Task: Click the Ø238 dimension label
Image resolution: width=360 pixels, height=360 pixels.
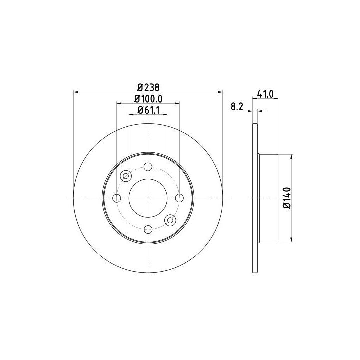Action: click(148, 87)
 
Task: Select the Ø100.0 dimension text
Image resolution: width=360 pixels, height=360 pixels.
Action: click(148, 99)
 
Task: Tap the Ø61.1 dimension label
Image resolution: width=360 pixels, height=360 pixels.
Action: click(148, 110)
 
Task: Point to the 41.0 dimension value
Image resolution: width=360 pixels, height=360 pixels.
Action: click(265, 94)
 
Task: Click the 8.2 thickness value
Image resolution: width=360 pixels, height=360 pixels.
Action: click(237, 107)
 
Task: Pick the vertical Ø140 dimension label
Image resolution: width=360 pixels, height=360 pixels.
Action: click(287, 198)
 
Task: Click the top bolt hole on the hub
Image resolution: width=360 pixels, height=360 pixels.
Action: click(148, 167)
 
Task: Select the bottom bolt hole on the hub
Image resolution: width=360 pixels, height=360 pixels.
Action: click(148, 229)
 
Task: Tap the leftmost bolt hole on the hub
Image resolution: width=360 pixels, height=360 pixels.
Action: click(117, 198)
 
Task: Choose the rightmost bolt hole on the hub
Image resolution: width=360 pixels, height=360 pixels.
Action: click(179, 198)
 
